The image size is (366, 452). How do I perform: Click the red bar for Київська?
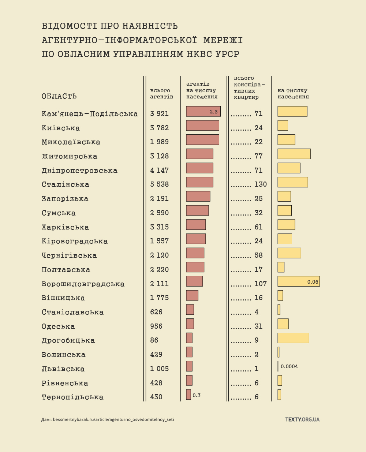(x=202, y=126)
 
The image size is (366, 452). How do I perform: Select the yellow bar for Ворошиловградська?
(x=298, y=281)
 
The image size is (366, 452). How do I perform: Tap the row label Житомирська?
(x=70, y=156)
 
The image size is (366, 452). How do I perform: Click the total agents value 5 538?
(x=159, y=184)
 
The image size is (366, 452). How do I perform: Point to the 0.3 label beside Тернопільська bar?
(x=197, y=395)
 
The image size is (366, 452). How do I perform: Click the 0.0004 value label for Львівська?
(x=289, y=366)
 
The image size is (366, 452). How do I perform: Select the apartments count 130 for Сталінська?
(x=261, y=184)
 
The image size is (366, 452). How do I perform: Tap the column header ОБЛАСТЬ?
(x=59, y=96)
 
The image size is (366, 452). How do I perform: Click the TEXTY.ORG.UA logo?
(x=302, y=419)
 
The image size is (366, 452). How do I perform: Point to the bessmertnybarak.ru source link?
(x=113, y=419)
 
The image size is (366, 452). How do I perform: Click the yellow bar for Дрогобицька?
(x=293, y=338)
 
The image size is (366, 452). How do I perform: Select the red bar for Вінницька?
(x=192, y=295)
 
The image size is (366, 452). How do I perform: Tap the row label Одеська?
(x=58, y=326)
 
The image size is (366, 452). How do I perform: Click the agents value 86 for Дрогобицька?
(x=154, y=340)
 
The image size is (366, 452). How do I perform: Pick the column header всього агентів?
(x=161, y=94)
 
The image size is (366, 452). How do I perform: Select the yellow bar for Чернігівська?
(x=289, y=253)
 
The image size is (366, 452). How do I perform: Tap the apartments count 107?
(x=261, y=284)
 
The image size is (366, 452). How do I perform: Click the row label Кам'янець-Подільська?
(x=90, y=114)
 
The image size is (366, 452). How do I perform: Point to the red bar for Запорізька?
(x=198, y=196)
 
